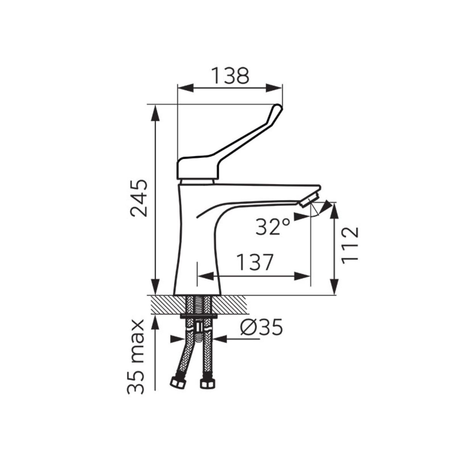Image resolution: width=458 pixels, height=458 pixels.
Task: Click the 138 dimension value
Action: (230, 76)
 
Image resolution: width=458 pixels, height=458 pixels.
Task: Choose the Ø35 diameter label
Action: (261, 327)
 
